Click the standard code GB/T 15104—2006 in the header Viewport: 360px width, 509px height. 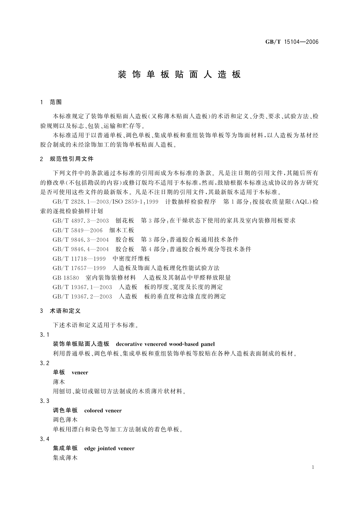point(292,42)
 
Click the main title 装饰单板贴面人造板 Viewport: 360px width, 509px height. point(179,75)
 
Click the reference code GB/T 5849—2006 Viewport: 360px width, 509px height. point(77,230)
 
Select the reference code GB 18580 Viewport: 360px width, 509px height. point(66,277)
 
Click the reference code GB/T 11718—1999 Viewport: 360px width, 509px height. point(79,258)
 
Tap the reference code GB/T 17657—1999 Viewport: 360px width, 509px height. point(79,268)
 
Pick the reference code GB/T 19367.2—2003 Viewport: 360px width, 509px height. point(82,296)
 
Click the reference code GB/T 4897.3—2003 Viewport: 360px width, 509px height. point(80,221)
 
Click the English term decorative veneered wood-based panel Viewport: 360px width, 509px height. point(165,344)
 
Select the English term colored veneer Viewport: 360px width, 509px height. point(103,410)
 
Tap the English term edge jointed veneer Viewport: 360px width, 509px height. point(109,448)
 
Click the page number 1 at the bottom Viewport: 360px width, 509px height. point(313,467)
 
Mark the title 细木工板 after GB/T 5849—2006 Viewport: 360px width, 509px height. point(122,230)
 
